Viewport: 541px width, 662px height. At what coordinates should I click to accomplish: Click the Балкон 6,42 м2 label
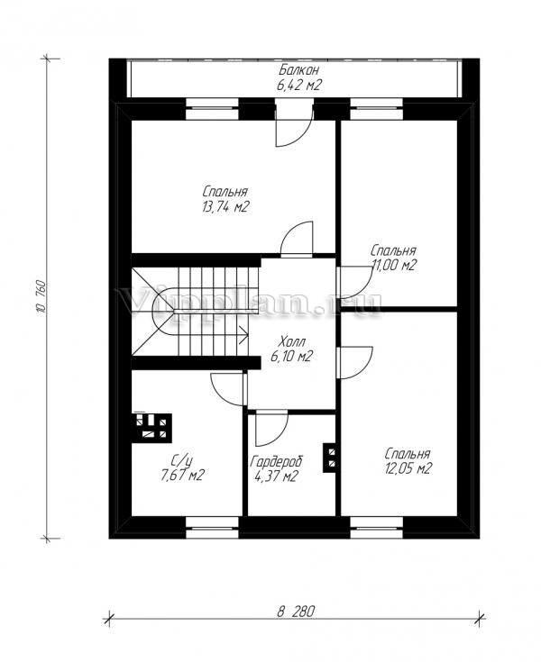298,77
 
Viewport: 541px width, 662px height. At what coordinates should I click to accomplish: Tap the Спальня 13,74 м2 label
225,199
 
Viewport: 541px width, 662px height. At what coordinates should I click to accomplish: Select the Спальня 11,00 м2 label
393,258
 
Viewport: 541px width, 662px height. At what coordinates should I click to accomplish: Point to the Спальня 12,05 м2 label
408,461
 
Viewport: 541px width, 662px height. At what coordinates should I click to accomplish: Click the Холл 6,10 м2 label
291,349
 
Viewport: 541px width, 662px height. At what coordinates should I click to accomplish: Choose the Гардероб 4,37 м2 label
276,468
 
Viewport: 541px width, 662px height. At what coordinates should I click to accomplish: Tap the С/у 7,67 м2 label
182,467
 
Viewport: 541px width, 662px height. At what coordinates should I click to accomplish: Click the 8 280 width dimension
296,612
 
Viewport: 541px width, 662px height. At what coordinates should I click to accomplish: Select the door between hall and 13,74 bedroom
297,239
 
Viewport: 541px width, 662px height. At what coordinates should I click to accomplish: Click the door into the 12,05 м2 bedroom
354,362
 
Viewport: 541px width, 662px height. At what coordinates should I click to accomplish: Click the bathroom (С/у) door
228,388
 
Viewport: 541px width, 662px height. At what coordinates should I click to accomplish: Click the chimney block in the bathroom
152,427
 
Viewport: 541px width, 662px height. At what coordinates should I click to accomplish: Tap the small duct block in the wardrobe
330,458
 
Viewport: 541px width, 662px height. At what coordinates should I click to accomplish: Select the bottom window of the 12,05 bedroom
377,527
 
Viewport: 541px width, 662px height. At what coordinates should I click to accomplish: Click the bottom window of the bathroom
212,527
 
